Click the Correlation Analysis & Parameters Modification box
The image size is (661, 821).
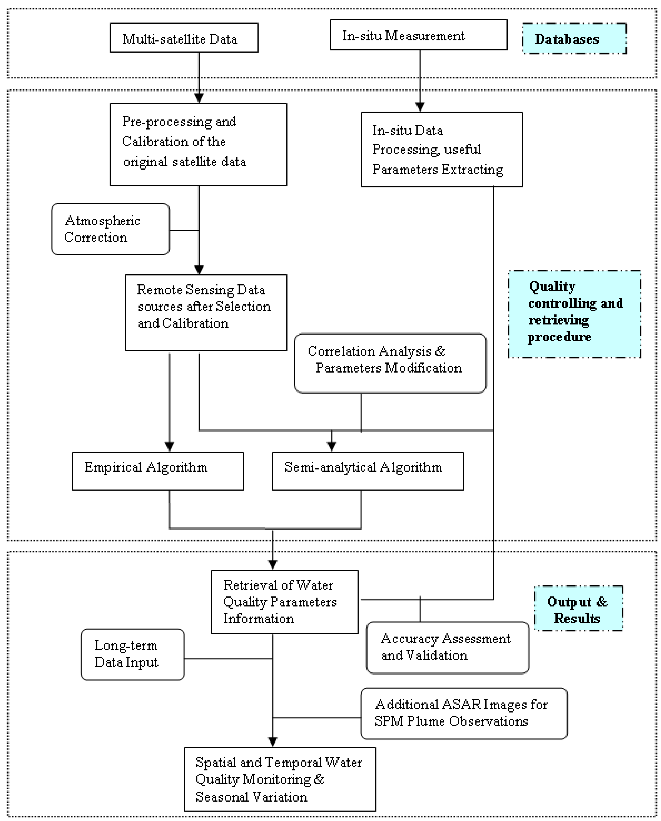tap(390, 363)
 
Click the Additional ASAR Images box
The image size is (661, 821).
tap(464, 713)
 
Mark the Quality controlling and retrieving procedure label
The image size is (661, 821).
tap(574, 314)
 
